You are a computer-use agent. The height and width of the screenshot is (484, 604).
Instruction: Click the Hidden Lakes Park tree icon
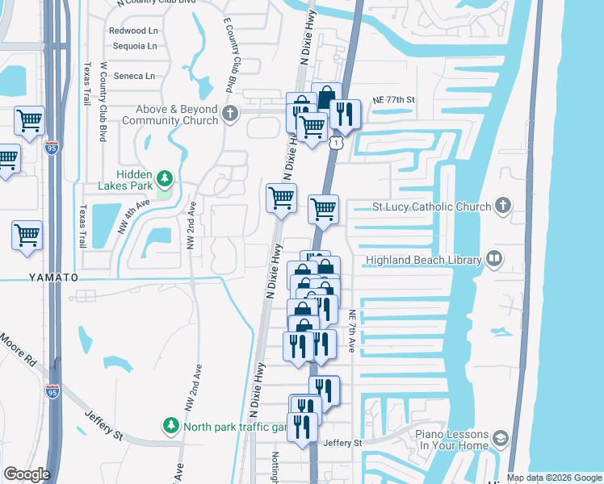click(x=165, y=177)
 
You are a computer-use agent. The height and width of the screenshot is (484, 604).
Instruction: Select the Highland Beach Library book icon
click(x=493, y=260)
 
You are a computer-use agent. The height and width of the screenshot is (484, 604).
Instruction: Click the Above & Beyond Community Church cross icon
click(x=229, y=113)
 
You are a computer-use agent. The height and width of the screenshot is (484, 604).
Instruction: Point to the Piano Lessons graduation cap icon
click(x=500, y=439)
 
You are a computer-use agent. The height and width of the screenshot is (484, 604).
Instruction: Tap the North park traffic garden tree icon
click(x=171, y=424)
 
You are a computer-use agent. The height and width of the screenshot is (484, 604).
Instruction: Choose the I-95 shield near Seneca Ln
click(x=52, y=148)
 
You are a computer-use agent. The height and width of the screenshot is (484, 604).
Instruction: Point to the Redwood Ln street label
click(x=132, y=31)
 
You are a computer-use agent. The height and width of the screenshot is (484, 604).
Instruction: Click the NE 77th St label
click(x=393, y=100)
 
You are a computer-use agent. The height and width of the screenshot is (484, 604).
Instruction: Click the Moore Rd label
click(x=17, y=350)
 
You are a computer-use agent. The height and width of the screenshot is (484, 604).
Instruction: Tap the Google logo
click(x=26, y=474)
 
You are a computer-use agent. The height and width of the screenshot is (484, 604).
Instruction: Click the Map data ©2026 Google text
click(x=554, y=478)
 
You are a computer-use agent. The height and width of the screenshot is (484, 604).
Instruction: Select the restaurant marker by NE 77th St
click(x=345, y=115)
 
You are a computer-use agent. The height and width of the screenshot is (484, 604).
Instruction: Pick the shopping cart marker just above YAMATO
click(x=27, y=236)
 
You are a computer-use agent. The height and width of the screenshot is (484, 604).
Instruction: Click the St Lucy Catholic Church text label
click(x=431, y=207)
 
